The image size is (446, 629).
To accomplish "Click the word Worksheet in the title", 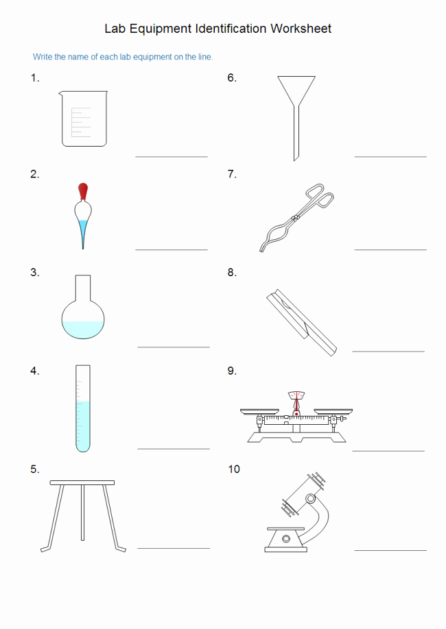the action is click(301, 29).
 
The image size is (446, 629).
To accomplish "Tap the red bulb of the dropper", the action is click(83, 191).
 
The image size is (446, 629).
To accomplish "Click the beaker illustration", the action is click(83, 119).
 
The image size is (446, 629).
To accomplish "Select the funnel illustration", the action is click(296, 119).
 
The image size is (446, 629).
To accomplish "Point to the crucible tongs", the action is click(296, 217).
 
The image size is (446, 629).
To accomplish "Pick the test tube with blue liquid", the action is click(83, 408).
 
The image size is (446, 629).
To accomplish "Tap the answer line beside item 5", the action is click(174, 548).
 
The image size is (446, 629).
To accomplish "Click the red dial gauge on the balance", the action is click(296, 396).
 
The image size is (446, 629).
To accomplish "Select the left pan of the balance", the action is click(259, 412).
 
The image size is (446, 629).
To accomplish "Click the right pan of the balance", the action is click(333, 412).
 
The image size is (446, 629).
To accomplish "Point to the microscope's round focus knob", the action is click(311, 499).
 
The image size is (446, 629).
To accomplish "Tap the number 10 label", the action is click(234, 469).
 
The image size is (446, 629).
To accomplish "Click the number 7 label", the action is click(232, 174).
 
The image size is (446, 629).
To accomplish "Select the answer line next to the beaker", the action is click(172, 156).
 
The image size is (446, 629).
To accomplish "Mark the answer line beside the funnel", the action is click(390, 156).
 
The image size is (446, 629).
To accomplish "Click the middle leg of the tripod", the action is click(83, 513).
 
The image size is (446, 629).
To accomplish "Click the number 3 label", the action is click(34, 273).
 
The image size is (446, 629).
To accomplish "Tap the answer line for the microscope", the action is click(390, 550).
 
